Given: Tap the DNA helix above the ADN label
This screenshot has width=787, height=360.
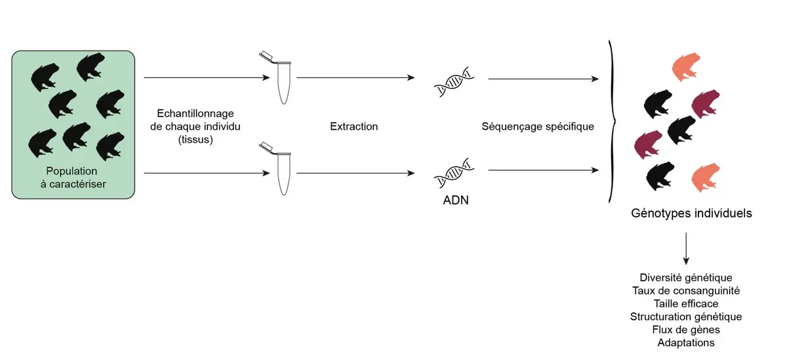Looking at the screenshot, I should click(453, 172).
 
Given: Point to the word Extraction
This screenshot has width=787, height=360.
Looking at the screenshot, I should click(354, 126).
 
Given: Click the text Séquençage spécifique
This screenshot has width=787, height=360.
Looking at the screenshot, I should click(538, 126).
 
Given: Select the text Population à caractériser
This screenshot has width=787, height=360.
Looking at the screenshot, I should click(72, 177).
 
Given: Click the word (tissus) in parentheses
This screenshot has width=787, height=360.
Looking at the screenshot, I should click(196, 138).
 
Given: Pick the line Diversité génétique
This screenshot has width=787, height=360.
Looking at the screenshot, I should click(686, 277).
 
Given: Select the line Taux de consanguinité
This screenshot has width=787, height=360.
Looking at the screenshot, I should click(686, 290).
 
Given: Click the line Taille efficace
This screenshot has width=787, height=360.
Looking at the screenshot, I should click(686, 304).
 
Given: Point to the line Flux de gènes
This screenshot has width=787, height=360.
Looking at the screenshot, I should click(686, 329).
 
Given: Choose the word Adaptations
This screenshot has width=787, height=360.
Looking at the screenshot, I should click(686, 342).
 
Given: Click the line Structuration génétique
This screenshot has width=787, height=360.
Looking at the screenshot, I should click(686, 317).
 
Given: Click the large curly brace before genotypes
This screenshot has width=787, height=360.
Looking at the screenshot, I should click(613, 121).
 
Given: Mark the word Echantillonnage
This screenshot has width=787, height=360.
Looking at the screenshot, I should click(195, 113).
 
